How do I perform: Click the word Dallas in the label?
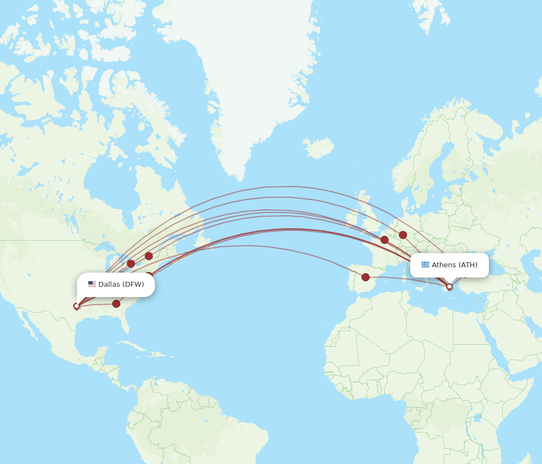[109, 285]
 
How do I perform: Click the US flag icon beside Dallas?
[92, 285]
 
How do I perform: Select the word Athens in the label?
[444, 265]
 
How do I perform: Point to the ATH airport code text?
[468, 265]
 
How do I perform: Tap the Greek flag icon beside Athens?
[425, 265]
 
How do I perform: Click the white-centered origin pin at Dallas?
[76, 306]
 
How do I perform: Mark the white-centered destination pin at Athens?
[449, 287]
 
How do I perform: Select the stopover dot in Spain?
[365, 277]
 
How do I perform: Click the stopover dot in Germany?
[403, 235]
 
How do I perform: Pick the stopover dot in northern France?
[384, 240]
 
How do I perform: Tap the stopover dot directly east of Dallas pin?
[116, 304]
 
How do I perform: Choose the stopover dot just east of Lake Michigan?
[131, 263]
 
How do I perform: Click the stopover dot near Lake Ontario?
[149, 256]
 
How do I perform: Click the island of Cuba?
[138, 347]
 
